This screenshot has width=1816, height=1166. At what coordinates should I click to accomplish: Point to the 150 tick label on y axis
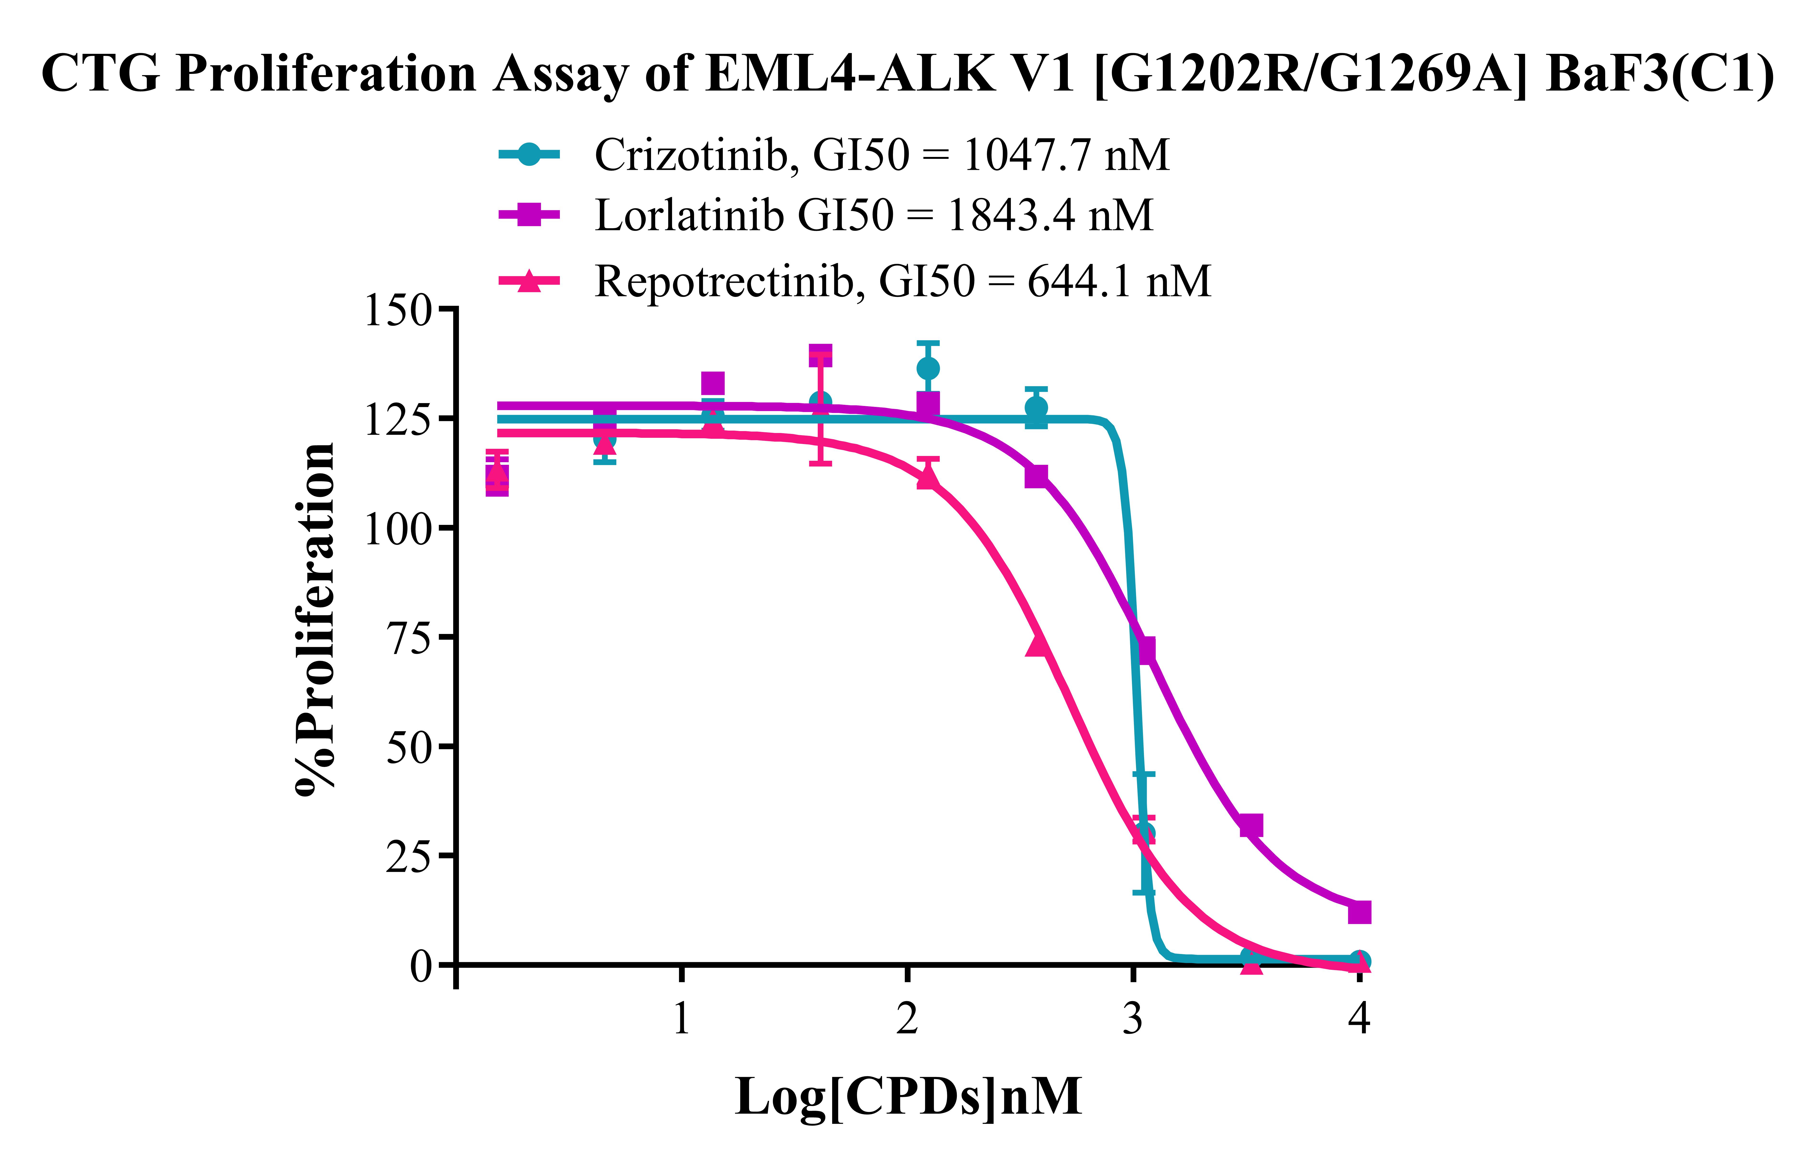398,311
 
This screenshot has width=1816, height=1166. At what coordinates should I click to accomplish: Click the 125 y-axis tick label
398,419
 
